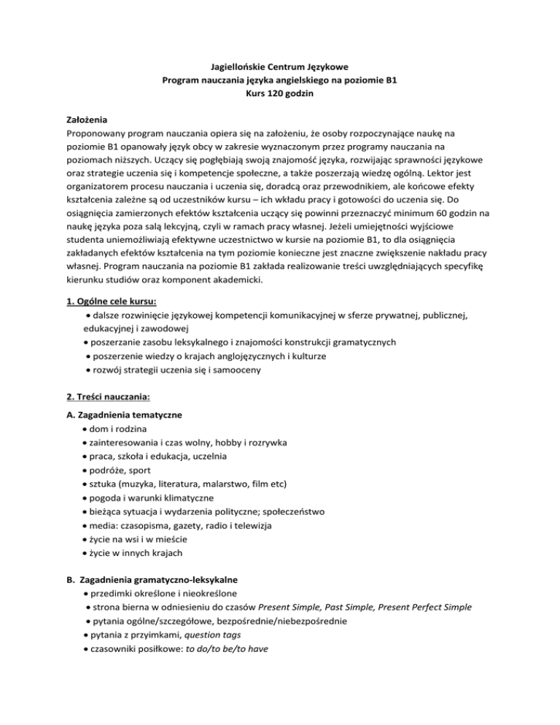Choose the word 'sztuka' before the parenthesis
106,484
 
